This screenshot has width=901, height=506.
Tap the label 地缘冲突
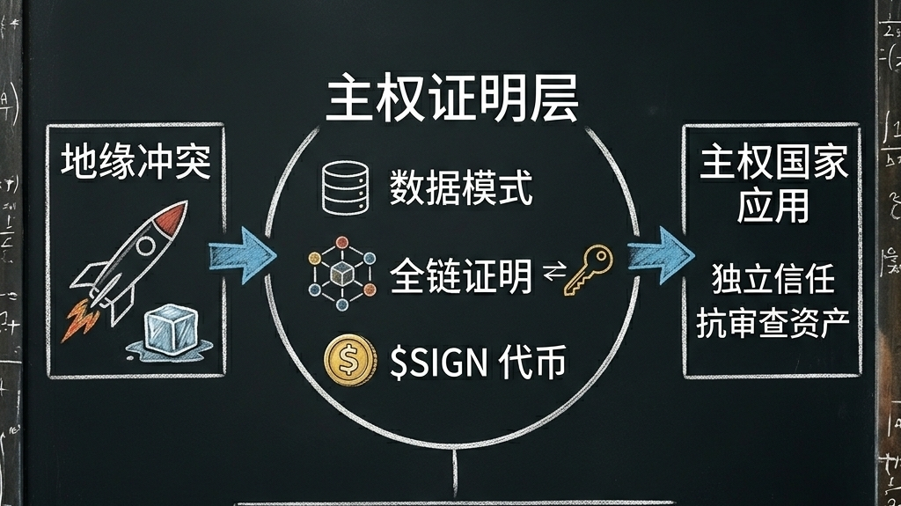(x=136, y=163)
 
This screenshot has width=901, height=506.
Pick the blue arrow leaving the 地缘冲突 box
(x=239, y=256)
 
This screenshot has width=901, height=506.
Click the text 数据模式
(x=461, y=188)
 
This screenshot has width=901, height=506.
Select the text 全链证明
(x=460, y=276)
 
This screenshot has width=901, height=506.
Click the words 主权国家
(x=773, y=165)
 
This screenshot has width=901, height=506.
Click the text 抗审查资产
(x=773, y=325)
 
